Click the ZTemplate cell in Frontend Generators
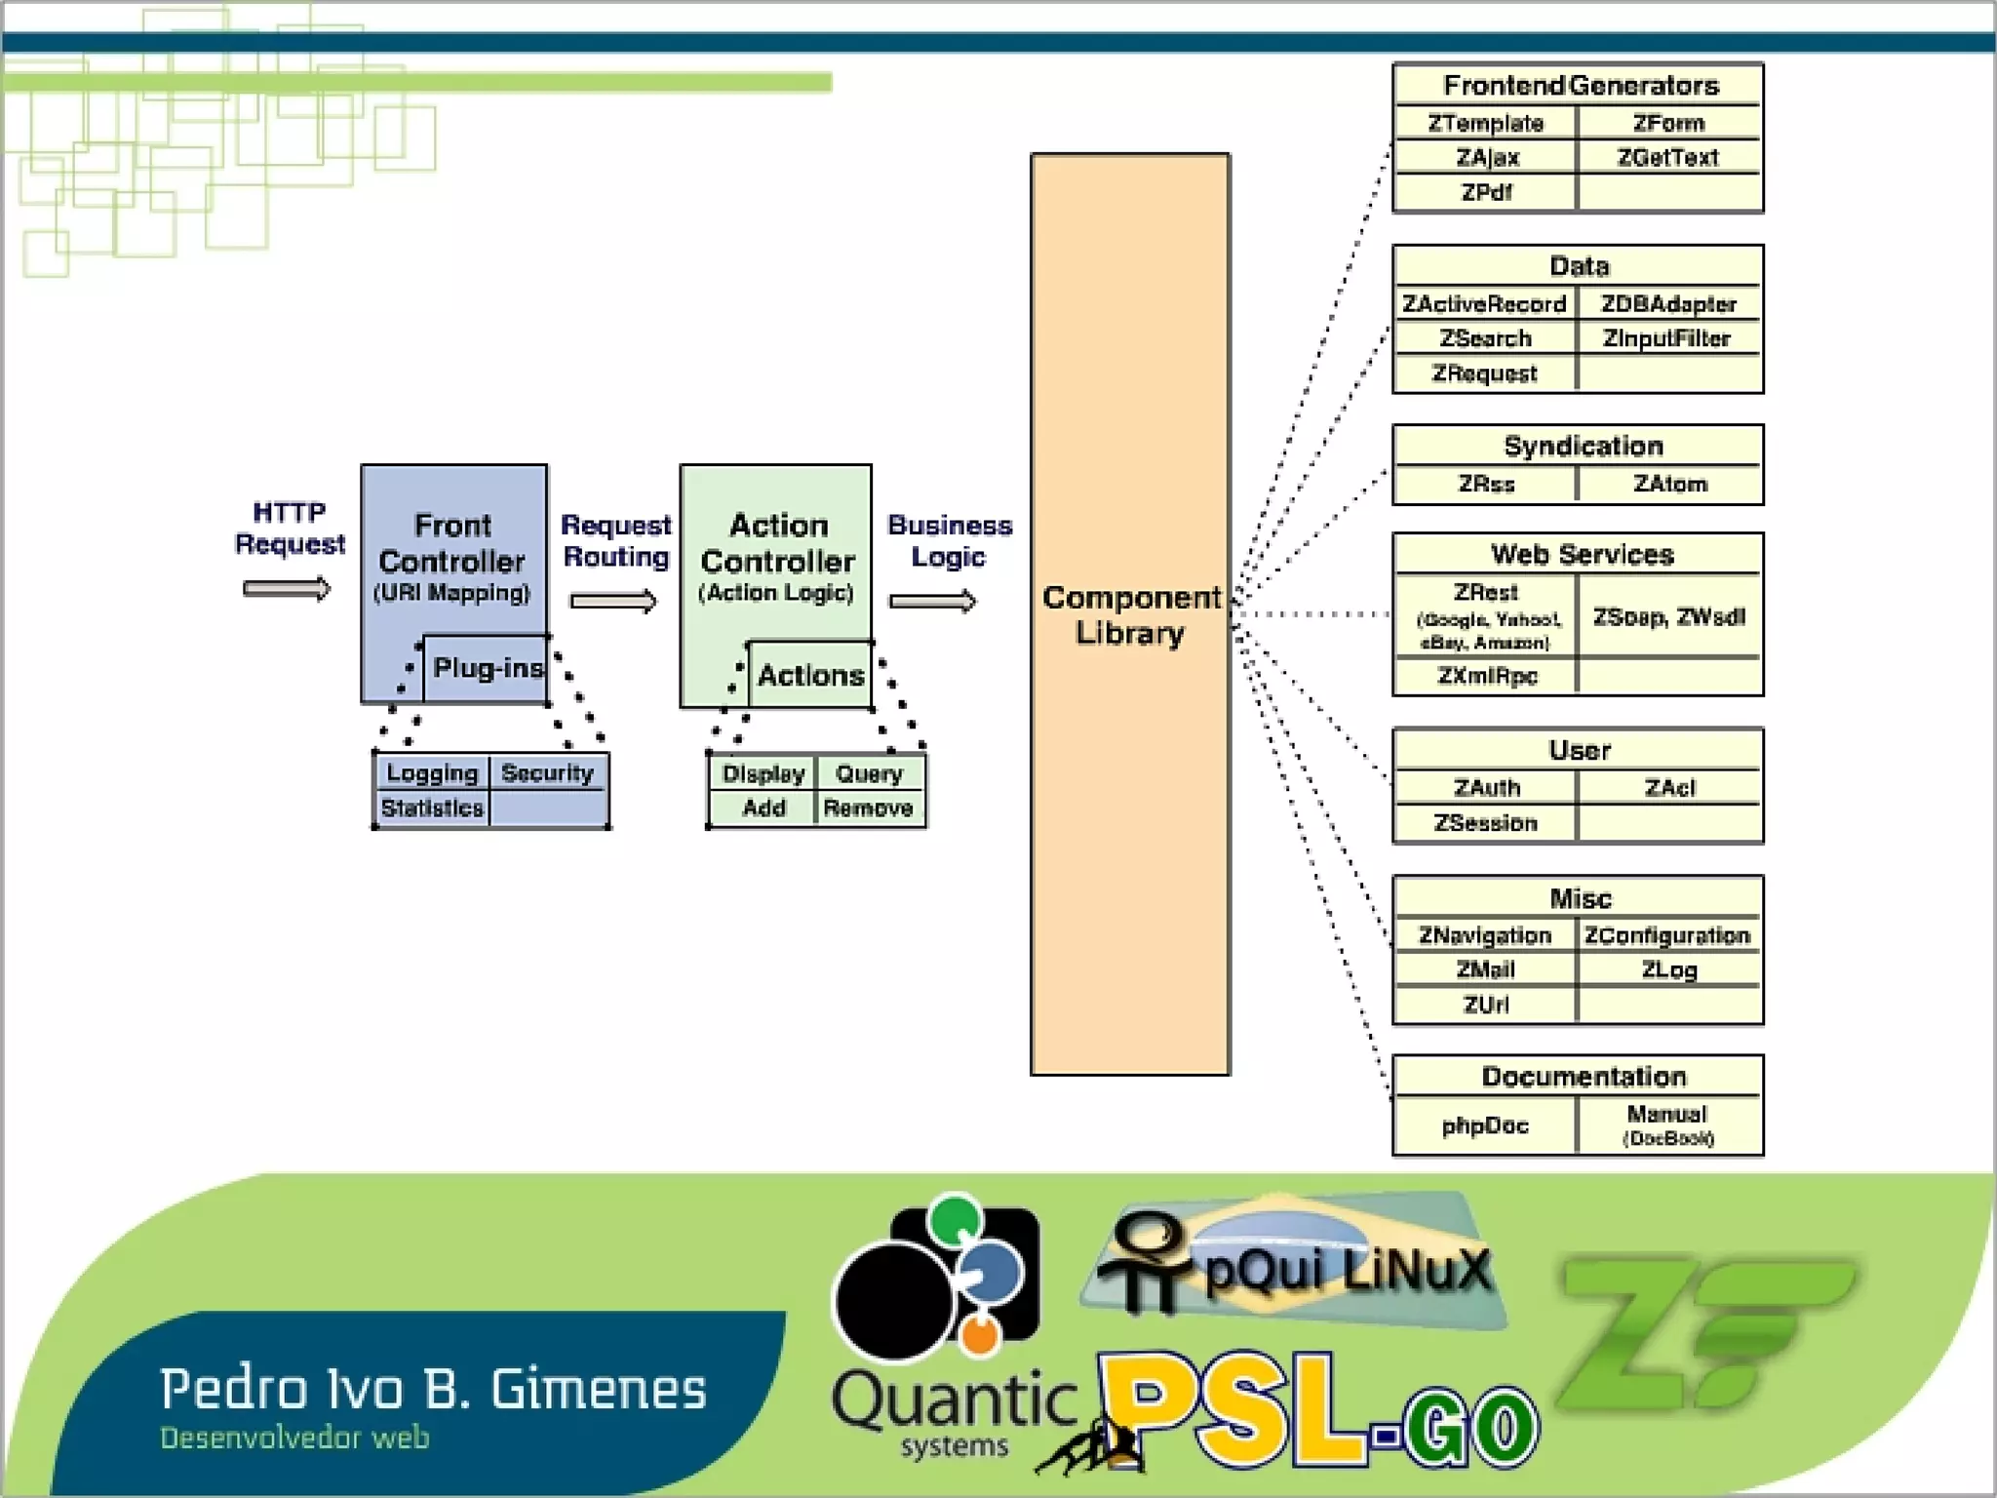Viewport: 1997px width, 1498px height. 1485,124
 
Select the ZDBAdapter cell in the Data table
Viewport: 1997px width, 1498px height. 1668,304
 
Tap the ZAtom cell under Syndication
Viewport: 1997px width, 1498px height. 1670,484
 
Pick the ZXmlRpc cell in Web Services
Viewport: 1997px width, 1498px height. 1486,676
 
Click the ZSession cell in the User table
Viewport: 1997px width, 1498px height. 1485,823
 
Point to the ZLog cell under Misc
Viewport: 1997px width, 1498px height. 1669,970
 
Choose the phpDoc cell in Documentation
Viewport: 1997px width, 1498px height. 1485,1125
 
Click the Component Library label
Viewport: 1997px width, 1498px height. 1130,614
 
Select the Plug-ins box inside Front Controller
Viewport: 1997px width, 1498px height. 486,669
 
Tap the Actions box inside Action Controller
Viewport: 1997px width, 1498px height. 810,675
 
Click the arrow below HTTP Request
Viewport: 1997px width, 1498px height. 287,589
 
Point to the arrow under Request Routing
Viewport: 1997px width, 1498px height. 613,601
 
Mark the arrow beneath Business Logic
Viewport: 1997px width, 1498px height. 932,601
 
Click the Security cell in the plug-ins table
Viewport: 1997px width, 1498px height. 547,773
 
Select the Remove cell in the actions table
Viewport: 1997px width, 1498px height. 868,808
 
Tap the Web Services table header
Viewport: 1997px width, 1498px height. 1580,555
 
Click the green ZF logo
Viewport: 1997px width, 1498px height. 1702,1331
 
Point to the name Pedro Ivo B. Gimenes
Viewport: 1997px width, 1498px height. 433,1390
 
